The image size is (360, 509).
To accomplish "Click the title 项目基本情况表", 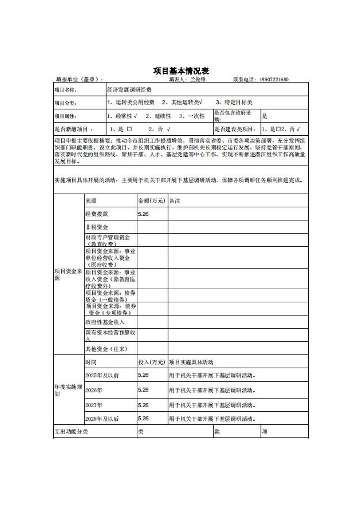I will coord(181,71).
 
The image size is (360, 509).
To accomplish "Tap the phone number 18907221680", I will coord(274,80).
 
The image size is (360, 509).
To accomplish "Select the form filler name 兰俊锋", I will coord(198,80).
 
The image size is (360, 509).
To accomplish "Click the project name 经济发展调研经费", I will coord(129,90).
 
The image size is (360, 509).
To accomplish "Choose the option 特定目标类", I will coord(238,102).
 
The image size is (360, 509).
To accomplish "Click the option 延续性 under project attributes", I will coord(163,116).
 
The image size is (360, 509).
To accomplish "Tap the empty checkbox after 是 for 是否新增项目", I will coord(129,129).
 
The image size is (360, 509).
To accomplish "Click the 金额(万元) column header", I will coord(152,201).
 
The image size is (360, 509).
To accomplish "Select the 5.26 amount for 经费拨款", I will coord(143,214).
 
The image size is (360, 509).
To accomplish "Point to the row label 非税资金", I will coord(97,227).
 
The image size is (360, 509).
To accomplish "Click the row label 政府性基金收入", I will coord(105,322).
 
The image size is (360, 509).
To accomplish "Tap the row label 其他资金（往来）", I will coord(106,349).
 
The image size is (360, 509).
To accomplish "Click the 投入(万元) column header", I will coord(152,362).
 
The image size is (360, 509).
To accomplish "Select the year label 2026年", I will coord(94,390).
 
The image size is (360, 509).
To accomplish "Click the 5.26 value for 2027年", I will coord(143,405).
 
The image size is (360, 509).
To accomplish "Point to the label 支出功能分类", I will coord(71,432).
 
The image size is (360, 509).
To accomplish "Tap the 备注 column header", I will coord(175,201).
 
